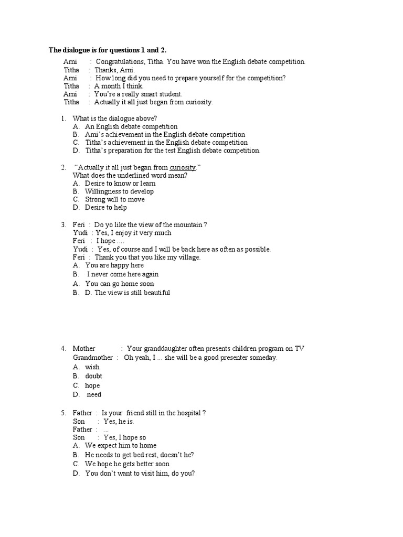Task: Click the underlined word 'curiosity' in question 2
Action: [x=183, y=167]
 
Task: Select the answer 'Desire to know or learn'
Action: [x=120, y=184]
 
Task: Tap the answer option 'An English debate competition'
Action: [x=131, y=126]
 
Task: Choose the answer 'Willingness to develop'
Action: [x=119, y=191]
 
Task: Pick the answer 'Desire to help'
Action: [x=106, y=207]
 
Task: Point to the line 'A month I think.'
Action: [x=119, y=86]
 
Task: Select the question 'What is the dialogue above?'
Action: [x=115, y=118]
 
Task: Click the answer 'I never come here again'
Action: [x=123, y=274]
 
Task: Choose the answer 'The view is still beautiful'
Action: [x=132, y=293]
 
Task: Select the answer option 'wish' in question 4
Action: [x=92, y=367]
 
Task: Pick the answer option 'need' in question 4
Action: [x=94, y=394]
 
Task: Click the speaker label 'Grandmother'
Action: [x=93, y=358]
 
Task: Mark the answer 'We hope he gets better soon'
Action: [x=127, y=464]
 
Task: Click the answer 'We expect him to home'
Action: [x=121, y=446]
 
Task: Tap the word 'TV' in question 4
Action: [x=299, y=349]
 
